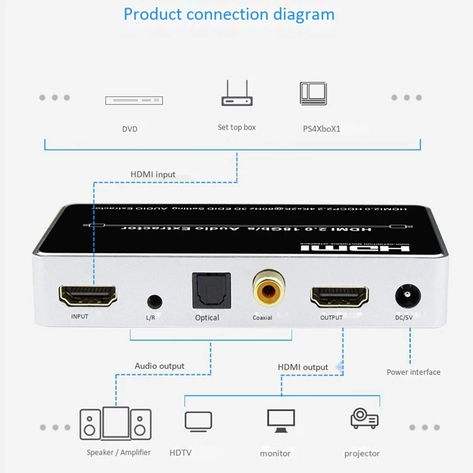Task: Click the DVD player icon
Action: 134,101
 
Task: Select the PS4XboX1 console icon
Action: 313,93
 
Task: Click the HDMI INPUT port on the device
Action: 88,295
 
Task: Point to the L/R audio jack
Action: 154,300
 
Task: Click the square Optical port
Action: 207,289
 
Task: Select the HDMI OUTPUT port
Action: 339,296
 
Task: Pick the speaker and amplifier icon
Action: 115,423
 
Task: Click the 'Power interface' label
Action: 413,372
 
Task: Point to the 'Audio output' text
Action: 160,366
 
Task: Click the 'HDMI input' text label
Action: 153,174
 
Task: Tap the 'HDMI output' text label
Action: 303,367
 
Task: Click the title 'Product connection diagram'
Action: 229,14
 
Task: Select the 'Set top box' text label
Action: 237,127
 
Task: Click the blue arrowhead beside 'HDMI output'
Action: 339,367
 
